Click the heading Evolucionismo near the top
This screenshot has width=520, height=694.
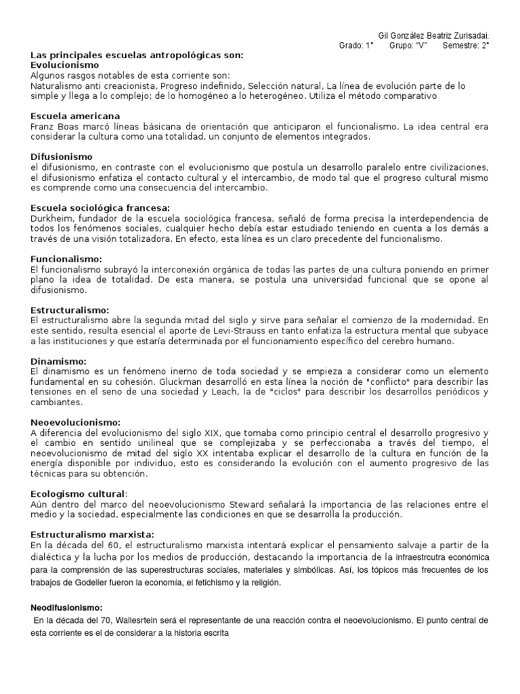pos(65,64)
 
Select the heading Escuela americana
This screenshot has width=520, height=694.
pos(75,116)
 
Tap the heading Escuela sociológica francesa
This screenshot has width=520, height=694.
pos(100,207)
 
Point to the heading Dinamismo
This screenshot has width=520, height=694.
pos(59,361)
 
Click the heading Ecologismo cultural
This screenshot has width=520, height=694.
pos(79,494)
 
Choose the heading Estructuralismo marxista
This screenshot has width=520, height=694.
pos(93,535)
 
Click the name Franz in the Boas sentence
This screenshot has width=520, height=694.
pos(43,126)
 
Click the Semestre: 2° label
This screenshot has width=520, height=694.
pos(466,45)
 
